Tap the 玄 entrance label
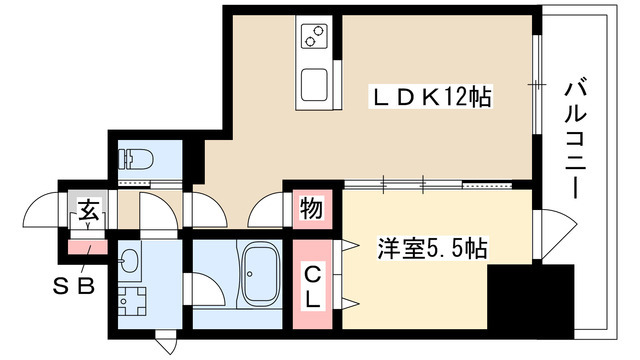(88, 211)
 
